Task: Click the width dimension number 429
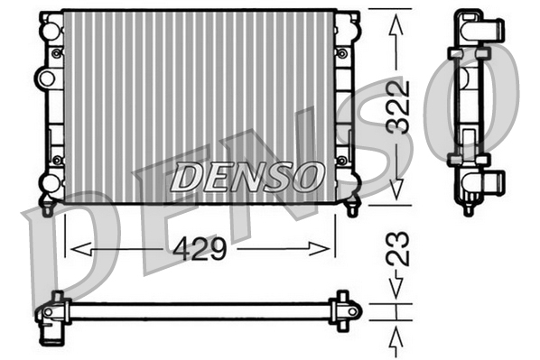[200, 247]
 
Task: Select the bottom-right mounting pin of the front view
[353, 208]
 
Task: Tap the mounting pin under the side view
[468, 209]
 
